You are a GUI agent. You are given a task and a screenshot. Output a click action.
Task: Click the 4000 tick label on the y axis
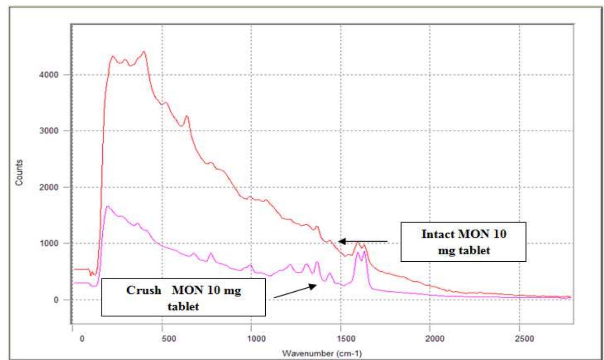pyautogui.click(x=49, y=75)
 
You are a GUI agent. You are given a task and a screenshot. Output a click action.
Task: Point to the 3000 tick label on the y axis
pyautogui.click(x=49, y=131)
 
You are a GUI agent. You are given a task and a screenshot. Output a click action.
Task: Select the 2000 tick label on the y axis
pyautogui.click(x=49, y=187)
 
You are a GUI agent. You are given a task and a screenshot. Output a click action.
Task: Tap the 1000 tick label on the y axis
pyautogui.click(x=49, y=243)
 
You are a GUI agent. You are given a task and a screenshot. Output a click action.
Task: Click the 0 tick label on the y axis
pyautogui.click(x=56, y=300)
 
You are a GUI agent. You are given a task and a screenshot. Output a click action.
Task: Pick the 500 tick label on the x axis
pyautogui.click(x=169, y=339)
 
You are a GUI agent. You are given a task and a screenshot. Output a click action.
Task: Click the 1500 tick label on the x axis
pyautogui.click(x=346, y=339)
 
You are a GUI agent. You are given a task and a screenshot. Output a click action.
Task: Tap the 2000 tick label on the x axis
pyautogui.click(x=435, y=339)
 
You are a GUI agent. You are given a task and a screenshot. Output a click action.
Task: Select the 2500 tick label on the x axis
pyautogui.click(x=524, y=339)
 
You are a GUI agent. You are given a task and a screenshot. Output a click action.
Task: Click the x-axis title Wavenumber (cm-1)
pyautogui.click(x=322, y=354)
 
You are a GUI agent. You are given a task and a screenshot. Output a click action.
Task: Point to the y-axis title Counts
pyautogui.click(x=19, y=173)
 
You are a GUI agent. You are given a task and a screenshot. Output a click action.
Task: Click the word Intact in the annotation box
pyautogui.click(x=438, y=234)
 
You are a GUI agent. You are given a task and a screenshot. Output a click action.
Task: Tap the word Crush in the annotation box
pyautogui.click(x=144, y=290)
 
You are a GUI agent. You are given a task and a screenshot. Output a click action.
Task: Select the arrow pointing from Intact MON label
pyautogui.click(x=363, y=241)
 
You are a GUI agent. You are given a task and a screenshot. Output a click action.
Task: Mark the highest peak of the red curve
pyautogui.click(x=144, y=52)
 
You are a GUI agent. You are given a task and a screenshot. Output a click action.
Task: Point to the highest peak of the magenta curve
pyautogui.click(x=107, y=207)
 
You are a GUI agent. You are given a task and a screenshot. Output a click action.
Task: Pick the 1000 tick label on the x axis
pyautogui.click(x=256, y=339)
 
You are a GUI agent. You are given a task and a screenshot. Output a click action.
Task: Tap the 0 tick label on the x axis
pyautogui.click(x=82, y=339)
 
